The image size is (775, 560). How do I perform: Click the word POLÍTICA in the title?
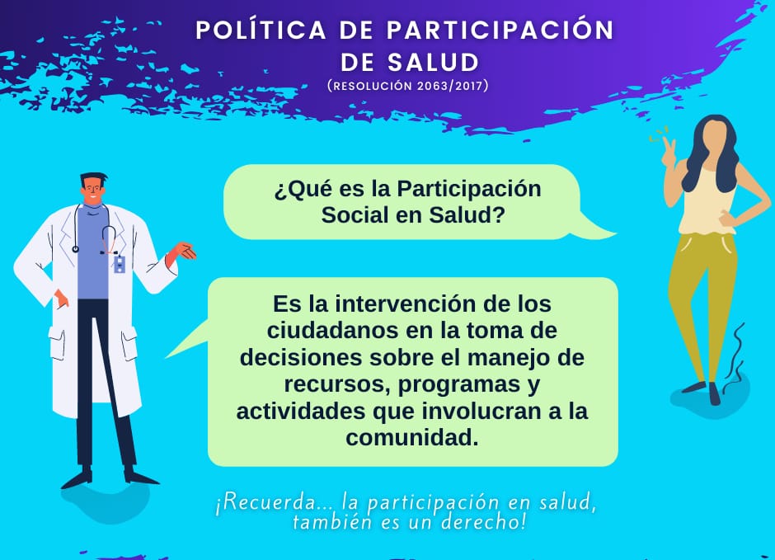click(x=261, y=30)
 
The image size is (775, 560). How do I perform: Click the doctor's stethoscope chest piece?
click(x=76, y=249)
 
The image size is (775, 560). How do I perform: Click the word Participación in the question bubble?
click(x=469, y=189)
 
